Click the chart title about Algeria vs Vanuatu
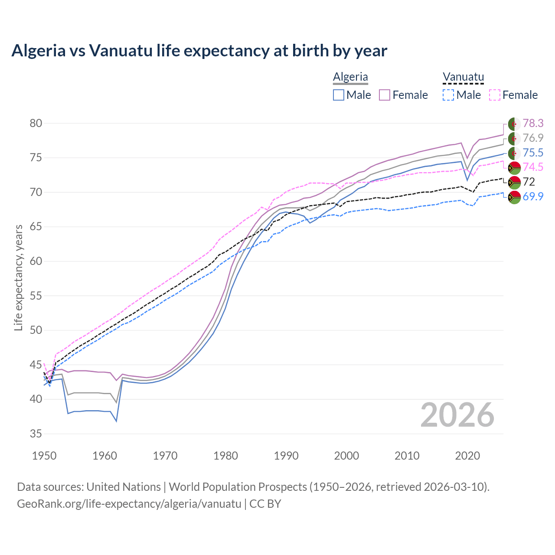click(x=199, y=51)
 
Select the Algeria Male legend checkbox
click(x=339, y=95)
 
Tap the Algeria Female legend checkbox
click(x=385, y=95)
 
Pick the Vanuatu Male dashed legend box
click(x=448, y=95)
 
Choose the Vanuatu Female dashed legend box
click(x=495, y=95)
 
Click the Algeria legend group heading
click(x=350, y=77)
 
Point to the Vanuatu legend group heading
click(x=463, y=77)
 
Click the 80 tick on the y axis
click(x=36, y=123)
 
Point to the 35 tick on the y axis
click(x=36, y=434)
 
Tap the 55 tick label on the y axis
click(x=36, y=296)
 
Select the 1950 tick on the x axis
click(x=44, y=456)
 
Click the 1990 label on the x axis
click(x=286, y=456)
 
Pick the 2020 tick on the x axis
click(x=467, y=456)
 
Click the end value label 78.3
click(x=533, y=124)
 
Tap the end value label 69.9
click(x=533, y=196)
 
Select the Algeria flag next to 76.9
click(x=514, y=139)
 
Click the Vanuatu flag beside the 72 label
click(x=514, y=182)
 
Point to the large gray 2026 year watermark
click(x=457, y=415)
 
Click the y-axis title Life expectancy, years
click(x=18, y=277)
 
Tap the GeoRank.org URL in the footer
click(x=129, y=504)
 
